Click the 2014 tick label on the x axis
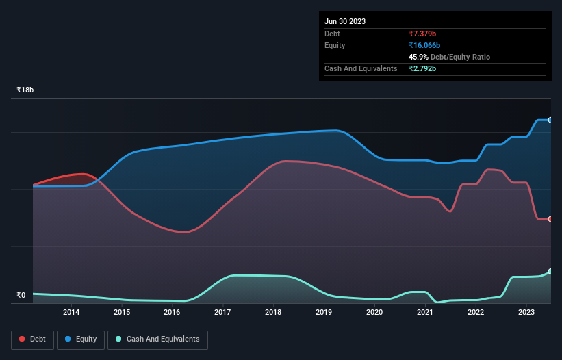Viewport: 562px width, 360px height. tap(71, 313)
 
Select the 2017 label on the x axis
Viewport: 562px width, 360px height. tap(222, 313)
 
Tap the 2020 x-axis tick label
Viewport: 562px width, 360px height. tap(374, 313)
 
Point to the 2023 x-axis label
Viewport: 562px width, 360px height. tap(526, 313)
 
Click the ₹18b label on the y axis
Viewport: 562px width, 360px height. tap(25, 90)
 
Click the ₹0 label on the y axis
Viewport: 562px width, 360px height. tap(21, 296)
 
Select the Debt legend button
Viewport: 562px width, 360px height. tap(33, 339)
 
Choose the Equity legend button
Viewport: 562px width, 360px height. tap(81, 339)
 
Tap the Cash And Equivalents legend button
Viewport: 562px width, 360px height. tap(157, 339)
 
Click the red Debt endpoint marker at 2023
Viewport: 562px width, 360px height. tap(550, 219)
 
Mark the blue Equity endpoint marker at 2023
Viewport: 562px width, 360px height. tap(550, 120)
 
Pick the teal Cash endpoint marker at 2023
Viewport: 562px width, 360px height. tap(550, 272)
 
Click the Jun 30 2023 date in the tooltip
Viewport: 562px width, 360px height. tap(345, 21)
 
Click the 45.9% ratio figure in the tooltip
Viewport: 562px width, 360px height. tap(418, 57)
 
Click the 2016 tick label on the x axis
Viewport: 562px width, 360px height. tap(172, 313)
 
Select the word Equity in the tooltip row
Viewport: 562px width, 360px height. tap(335, 45)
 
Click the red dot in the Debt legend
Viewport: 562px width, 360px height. tap(23, 339)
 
